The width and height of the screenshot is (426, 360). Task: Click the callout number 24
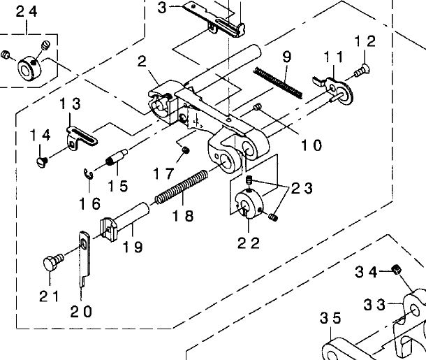pyautogui.click(x=27, y=12)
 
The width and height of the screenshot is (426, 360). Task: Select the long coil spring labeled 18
pyautogui.click(x=182, y=187)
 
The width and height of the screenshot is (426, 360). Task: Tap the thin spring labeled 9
pyautogui.click(x=278, y=82)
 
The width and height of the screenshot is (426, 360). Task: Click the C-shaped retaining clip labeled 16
pyautogui.click(x=88, y=174)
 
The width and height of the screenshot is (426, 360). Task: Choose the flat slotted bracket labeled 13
pyautogui.click(x=82, y=136)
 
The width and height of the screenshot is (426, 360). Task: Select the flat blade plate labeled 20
pyautogui.click(x=85, y=259)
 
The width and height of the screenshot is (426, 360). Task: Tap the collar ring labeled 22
pyautogui.click(x=249, y=204)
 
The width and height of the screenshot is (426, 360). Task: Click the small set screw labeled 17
pyautogui.click(x=186, y=150)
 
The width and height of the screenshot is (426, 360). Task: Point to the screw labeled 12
pyautogui.click(x=361, y=70)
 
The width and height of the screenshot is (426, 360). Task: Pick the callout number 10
pyautogui.click(x=311, y=145)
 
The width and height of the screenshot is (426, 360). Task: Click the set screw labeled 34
pyautogui.click(x=397, y=269)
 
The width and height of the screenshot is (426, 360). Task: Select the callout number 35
pyautogui.click(x=330, y=318)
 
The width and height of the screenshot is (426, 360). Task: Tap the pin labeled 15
pyautogui.click(x=117, y=157)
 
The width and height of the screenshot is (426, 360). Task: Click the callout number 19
pyautogui.click(x=133, y=247)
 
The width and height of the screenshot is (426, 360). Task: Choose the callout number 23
pyautogui.click(x=302, y=188)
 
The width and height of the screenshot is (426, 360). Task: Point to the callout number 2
pyautogui.click(x=142, y=62)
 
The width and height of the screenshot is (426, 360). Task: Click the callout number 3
pyautogui.click(x=162, y=8)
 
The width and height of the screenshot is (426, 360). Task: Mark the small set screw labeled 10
pyautogui.click(x=258, y=108)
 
